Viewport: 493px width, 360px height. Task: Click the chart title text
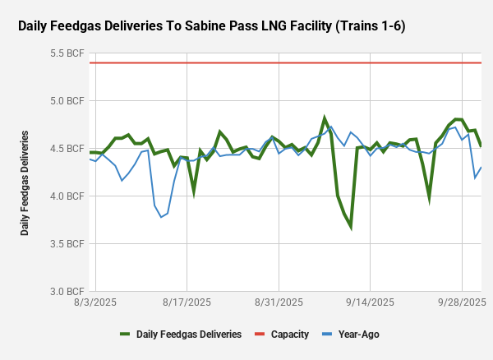point(211,26)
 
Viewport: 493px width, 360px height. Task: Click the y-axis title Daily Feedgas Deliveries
point(25,182)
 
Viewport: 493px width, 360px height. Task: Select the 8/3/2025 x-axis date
point(95,303)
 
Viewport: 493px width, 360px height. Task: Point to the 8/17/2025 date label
point(187,303)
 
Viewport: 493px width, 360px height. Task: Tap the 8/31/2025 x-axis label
point(279,303)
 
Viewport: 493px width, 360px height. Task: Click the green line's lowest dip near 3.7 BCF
point(351,226)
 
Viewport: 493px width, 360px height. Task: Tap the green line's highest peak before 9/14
point(325,118)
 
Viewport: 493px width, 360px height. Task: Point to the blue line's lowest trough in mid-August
point(161,217)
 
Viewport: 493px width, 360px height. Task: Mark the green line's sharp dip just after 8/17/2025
point(194,192)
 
